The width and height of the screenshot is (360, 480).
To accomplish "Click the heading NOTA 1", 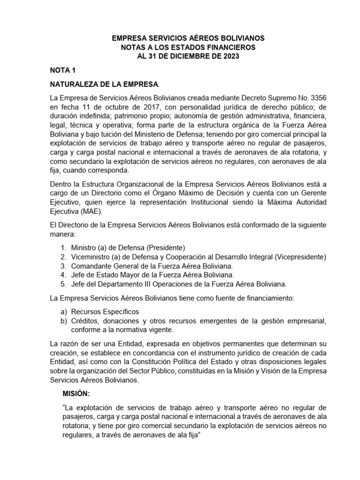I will [x=62, y=70].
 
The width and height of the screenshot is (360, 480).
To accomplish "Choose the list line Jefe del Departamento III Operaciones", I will [x=178, y=284].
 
